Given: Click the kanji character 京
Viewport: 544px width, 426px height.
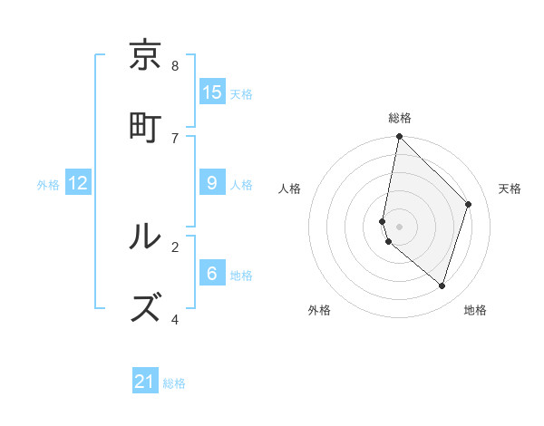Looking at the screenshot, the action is click(146, 56).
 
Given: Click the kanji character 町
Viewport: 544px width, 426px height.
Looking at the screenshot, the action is click(146, 127).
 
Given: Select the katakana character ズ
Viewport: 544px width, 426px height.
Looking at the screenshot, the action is click(146, 308).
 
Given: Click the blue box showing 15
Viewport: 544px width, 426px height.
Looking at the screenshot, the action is click(212, 92).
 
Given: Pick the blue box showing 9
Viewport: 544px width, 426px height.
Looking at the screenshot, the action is click(212, 183).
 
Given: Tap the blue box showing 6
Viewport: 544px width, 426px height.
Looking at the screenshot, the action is click(212, 274).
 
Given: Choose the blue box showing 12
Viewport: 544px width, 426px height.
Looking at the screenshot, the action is click(78, 183).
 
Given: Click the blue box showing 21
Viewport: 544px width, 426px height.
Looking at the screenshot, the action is click(145, 382).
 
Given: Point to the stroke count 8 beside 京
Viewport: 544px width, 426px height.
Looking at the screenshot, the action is click(175, 66).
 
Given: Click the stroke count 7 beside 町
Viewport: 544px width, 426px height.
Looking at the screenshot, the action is click(175, 138).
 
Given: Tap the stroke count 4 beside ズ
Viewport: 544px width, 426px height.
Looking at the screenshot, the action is click(175, 319).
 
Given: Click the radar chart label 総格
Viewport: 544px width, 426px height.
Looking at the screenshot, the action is click(400, 118).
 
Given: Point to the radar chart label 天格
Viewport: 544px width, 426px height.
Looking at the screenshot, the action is click(510, 189).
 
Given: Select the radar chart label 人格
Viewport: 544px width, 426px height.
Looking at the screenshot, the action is click(290, 189).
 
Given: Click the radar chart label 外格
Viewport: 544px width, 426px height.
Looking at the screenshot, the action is click(319, 310).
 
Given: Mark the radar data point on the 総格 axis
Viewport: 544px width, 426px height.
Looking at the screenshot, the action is click(399, 137).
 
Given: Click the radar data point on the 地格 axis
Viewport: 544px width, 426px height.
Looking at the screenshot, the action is click(442, 286).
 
